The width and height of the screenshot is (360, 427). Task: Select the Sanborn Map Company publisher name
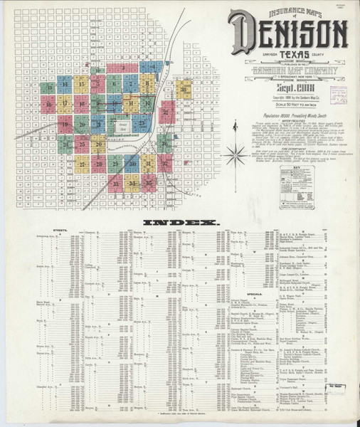point(287,74)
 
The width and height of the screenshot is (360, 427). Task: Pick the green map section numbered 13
point(47,89)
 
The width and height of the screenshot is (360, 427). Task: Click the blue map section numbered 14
point(64,84)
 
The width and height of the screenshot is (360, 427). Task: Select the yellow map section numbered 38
point(184,89)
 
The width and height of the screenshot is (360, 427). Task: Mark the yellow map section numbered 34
point(132,183)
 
